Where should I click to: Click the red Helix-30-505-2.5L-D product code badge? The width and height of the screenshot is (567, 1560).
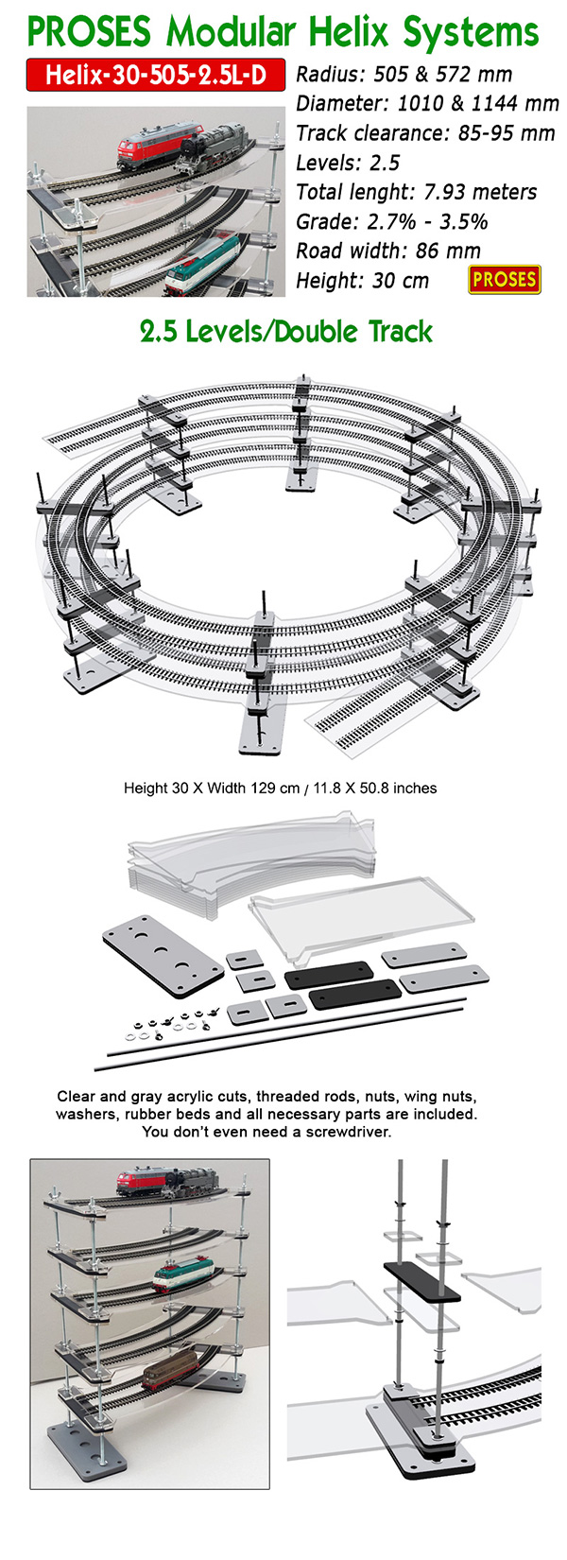tap(155, 75)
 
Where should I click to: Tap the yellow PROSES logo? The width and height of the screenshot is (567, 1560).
tap(505, 280)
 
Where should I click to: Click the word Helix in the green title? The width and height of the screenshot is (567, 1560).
tap(350, 31)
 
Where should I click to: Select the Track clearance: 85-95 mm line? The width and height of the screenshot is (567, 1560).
tap(425, 133)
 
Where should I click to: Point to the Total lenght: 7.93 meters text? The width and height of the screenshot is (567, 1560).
tap(416, 192)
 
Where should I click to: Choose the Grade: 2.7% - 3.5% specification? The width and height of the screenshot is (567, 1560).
tap(391, 221)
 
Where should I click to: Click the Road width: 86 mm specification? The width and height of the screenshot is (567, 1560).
tap(387, 251)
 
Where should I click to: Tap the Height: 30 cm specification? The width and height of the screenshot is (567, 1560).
tap(362, 281)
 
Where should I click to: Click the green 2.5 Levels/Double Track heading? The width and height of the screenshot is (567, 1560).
tap(286, 332)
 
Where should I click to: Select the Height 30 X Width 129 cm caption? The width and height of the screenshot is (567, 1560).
tap(281, 789)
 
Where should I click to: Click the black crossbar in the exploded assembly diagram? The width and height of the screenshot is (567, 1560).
tap(421, 1282)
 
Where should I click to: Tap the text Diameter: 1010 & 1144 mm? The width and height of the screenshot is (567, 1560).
tap(427, 104)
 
